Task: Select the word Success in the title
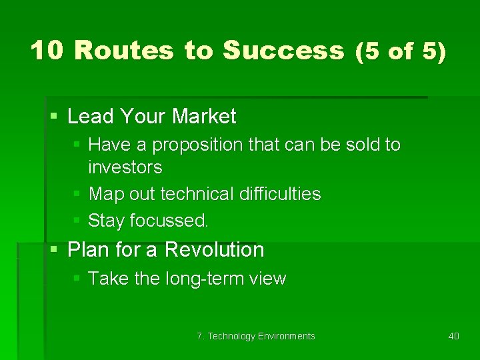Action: click(x=283, y=51)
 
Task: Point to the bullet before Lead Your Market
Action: click(x=54, y=117)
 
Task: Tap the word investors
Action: click(x=125, y=166)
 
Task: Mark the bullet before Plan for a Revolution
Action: click(x=54, y=250)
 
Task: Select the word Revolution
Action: click(x=214, y=250)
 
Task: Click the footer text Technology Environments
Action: click(x=261, y=336)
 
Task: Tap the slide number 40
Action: click(x=453, y=336)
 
